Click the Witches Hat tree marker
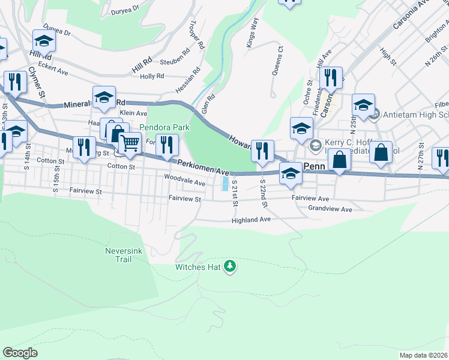229,266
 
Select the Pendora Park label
164,127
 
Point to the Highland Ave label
252,220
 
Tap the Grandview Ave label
330,209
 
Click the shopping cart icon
129,143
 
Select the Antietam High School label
413,114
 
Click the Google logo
20,352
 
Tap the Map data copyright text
423,355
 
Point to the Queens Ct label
277,61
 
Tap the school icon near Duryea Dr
44,40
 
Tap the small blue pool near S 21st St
225,183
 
